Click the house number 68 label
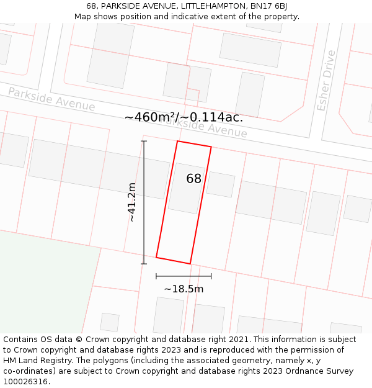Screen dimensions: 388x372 [x=194, y=179]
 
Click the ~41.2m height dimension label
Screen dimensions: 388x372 [x=131, y=202]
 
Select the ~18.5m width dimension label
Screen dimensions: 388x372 [x=184, y=289]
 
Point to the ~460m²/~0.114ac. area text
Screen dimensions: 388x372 [x=184, y=117]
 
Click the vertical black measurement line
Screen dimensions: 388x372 [x=144, y=205]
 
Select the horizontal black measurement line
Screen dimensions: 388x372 [x=184, y=276]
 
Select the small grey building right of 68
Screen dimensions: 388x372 [x=221, y=184]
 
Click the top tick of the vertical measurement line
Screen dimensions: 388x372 [x=144, y=142]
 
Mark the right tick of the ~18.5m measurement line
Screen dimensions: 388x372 [x=211, y=276]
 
